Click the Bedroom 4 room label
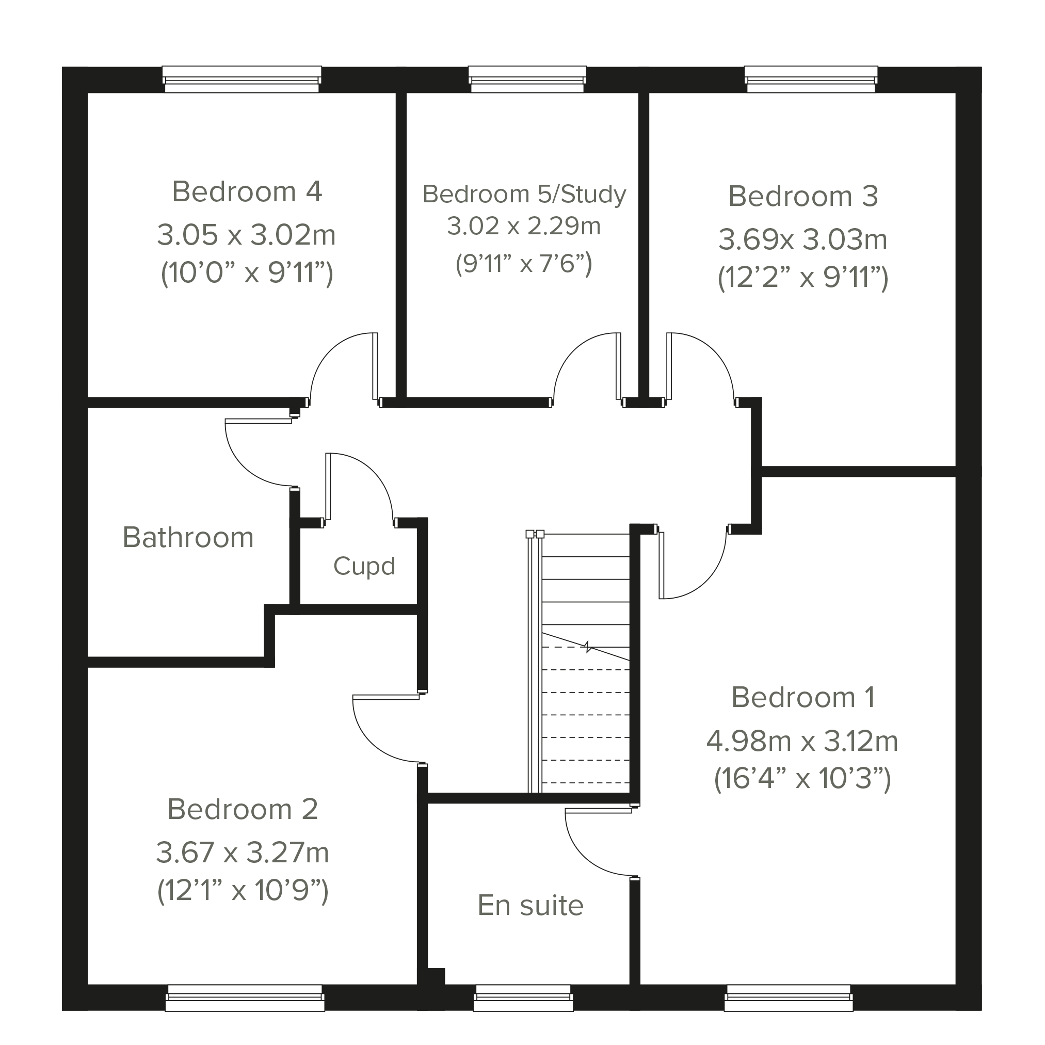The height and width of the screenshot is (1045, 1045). click(x=247, y=191)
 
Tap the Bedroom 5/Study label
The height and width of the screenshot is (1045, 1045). click(x=524, y=194)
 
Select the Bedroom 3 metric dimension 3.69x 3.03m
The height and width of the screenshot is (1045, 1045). click(x=802, y=239)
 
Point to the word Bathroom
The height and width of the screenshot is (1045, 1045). click(x=188, y=537)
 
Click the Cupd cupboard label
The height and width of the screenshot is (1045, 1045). click(x=364, y=566)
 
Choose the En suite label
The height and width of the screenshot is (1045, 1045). click(x=530, y=906)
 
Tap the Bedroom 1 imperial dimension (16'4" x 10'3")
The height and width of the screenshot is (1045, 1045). click(x=802, y=779)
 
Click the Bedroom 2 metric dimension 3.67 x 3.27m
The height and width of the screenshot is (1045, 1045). click(x=243, y=853)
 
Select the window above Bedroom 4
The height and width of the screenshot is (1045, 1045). click(x=242, y=79)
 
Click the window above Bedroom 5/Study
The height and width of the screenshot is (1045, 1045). click(x=527, y=79)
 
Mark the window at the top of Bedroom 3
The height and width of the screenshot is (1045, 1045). click(x=811, y=79)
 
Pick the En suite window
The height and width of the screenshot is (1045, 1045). click(x=523, y=998)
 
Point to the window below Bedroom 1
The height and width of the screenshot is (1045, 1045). click(x=789, y=998)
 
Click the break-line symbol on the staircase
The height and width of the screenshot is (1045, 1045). click(x=587, y=647)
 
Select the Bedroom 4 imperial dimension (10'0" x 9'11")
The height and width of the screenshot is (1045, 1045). click(x=247, y=273)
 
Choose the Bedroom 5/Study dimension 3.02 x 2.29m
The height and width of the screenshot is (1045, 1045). click(x=524, y=226)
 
